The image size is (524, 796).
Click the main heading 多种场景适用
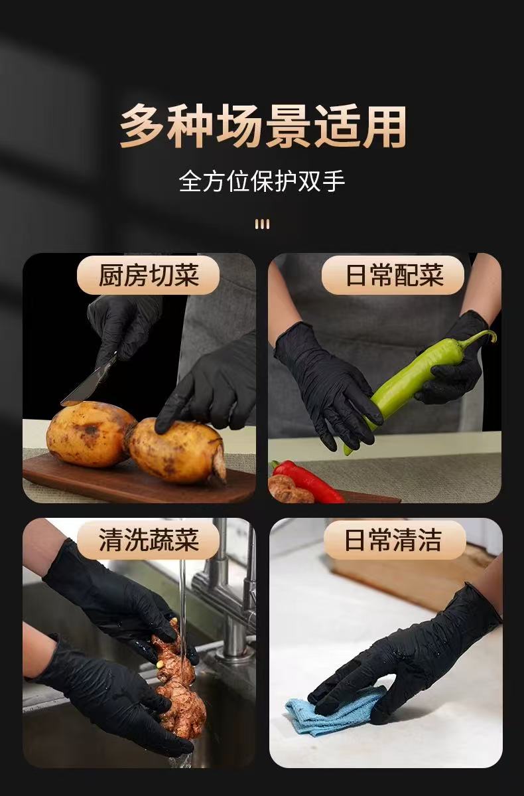[263, 126]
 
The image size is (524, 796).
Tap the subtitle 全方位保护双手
[262, 181]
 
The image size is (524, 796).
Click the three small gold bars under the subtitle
[262, 224]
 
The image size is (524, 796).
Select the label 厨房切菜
[148, 275]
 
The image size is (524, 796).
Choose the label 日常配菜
[393, 275]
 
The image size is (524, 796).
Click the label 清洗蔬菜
[148, 540]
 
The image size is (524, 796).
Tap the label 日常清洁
[393, 540]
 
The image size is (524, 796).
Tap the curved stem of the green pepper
[480, 338]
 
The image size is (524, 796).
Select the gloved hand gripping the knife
[122, 325]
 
